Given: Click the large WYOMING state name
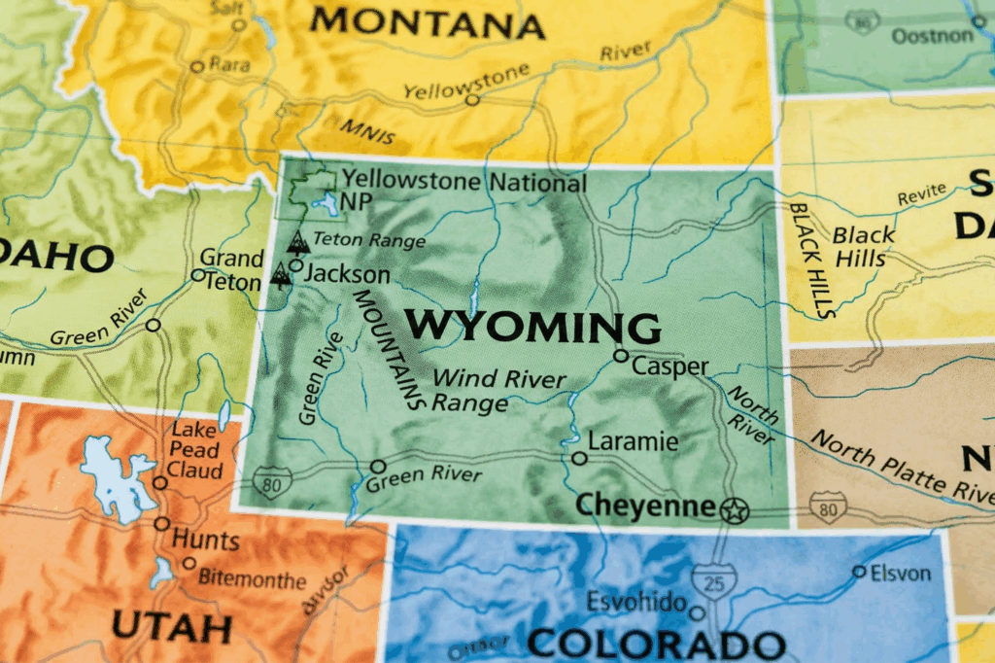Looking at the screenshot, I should click(532, 327).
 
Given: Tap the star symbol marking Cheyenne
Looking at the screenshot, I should click(734, 508).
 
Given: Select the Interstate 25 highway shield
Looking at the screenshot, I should click(714, 580).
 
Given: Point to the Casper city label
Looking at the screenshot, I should click(670, 366).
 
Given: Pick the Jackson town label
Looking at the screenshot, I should click(347, 275).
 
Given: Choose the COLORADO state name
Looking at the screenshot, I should click(656, 644).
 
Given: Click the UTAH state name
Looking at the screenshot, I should click(171, 625).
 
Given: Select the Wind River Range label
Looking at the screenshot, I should click(497, 390).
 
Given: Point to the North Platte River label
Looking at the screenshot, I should click(902, 467).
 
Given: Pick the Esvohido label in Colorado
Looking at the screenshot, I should click(636, 602).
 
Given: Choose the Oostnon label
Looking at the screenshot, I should click(932, 36).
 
